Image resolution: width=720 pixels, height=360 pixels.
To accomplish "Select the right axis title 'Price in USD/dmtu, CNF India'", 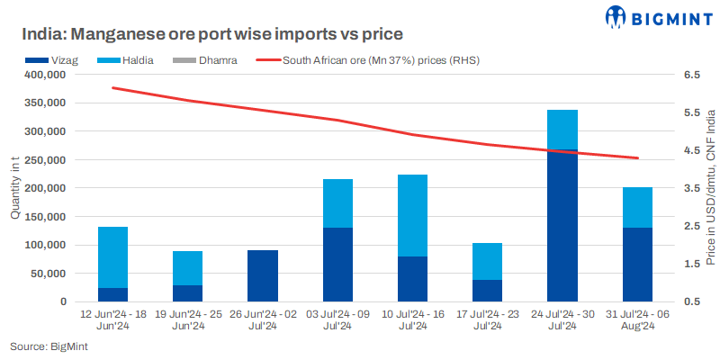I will (x=710, y=188).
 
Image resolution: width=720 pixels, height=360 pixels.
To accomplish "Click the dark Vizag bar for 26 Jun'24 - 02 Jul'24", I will (x=263, y=275).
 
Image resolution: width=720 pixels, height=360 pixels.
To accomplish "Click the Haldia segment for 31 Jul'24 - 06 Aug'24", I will (x=637, y=207).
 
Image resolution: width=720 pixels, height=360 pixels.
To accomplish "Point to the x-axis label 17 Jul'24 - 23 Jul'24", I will (x=487, y=319).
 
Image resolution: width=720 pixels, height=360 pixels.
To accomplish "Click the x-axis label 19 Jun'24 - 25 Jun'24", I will (x=187, y=319).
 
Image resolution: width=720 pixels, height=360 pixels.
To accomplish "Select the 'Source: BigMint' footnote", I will (x=42, y=346).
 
